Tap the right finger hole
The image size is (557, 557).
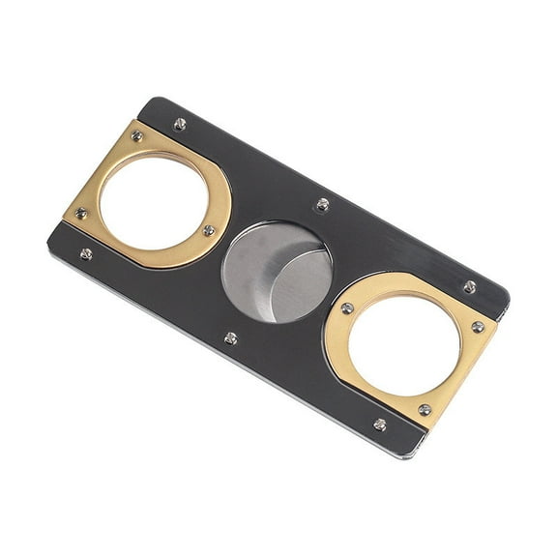pyautogui.click(x=406, y=343)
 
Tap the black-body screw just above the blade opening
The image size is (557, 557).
pyautogui.click(x=323, y=203)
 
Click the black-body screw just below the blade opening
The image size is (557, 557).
pyautogui.click(x=230, y=337)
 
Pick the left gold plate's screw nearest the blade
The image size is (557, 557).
pyautogui.click(x=209, y=230)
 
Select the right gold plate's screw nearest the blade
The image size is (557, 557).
pyautogui.click(x=347, y=308)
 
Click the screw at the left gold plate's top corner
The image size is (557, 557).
pyautogui.click(x=137, y=135)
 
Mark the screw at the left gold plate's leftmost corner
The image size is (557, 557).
pyautogui.click(x=81, y=213)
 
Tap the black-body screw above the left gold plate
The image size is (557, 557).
pyautogui.click(x=180, y=124)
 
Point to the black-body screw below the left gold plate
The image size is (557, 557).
pyautogui.click(x=86, y=254)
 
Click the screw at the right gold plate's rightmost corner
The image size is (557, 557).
pyautogui.click(x=478, y=327)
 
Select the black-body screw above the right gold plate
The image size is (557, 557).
pyautogui.click(x=469, y=287)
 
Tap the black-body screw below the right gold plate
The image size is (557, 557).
pyautogui.click(x=380, y=424)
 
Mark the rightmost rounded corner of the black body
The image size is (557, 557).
pyautogui.click(x=506, y=294)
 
